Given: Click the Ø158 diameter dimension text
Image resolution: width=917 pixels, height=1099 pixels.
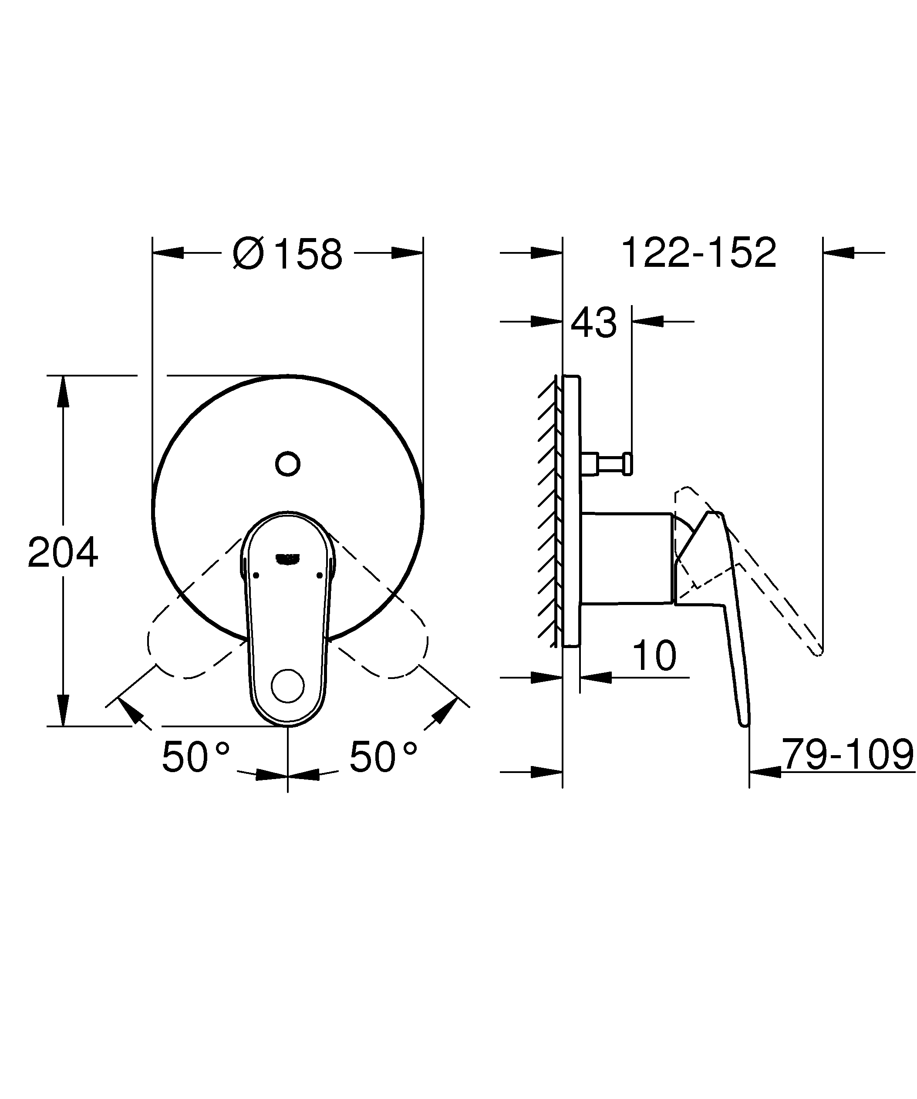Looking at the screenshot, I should pos(288,254).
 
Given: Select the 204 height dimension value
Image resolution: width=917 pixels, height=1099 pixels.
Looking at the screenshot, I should pos(63,552).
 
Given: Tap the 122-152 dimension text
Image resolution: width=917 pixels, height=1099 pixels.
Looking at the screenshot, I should pos(698,253).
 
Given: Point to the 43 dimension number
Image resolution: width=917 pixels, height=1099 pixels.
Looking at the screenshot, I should pos(593,323).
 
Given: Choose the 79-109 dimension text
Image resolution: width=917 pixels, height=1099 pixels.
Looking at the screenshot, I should pos(847,754).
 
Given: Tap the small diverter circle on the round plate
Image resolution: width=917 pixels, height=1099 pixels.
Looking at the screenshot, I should pos(287,464).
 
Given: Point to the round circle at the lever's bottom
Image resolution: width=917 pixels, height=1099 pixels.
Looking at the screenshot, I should pos(287,686).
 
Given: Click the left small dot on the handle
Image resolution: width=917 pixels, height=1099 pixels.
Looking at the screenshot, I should pos(256,575).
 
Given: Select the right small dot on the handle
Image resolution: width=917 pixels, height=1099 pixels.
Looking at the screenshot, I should pos(319,575).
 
